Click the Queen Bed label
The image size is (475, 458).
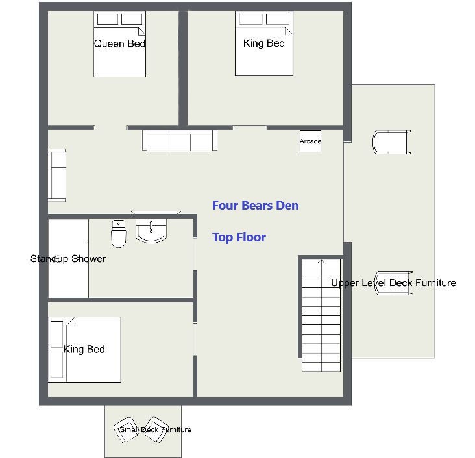[x=119, y=43]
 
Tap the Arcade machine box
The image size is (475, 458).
[x=311, y=141]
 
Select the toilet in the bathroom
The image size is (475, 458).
[x=119, y=234]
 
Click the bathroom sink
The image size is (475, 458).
[x=151, y=230]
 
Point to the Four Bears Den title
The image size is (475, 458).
[x=256, y=206]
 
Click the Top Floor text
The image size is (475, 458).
[x=239, y=237]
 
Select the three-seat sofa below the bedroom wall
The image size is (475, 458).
[x=180, y=140]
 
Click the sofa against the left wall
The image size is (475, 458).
[x=57, y=175]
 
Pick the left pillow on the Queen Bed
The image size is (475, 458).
[x=108, y=19]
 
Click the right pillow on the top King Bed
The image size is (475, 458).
[x=278, y=19]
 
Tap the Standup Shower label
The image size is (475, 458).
[x=68, y=259]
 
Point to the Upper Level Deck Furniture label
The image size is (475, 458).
[x=393, y=283]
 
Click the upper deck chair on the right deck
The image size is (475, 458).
[x=392, y=142]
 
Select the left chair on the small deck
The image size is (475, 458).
[x=127, y=430]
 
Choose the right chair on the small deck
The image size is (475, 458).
[x=155, y=430]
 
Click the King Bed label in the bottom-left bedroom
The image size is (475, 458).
[x=84, y=349]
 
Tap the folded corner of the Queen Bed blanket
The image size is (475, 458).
[x=141, y=31]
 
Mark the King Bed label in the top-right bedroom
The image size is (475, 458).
[x=264, y=43]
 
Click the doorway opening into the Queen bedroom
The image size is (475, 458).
[x=110, y=128]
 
